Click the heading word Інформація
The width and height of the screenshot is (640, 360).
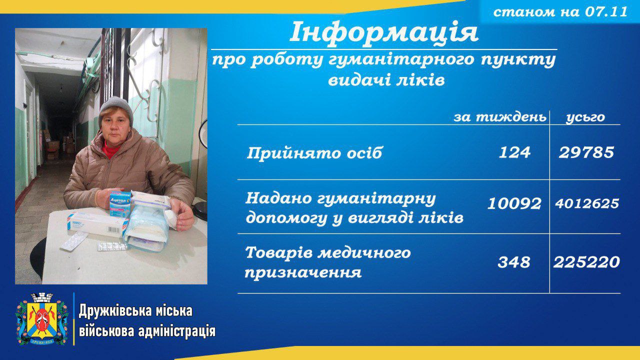coord(384,32)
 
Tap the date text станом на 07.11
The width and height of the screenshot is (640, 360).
coord(560,11)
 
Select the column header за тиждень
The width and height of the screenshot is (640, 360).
coord(500,117)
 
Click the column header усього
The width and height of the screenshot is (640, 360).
coord(585,117)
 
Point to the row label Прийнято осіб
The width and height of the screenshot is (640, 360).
coord(314,153)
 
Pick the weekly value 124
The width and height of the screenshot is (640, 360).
coord(514,152)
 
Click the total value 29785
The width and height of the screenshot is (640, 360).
coord(586,152)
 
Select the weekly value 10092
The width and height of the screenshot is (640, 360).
coord(514,203)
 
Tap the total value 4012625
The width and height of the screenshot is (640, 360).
coord(587,203)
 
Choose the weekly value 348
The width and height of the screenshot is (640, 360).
coord(513,262)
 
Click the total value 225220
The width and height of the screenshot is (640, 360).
coord(586,262)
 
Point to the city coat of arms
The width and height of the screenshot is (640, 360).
coord(41,319)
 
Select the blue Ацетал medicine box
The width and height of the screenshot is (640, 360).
coord(120,204)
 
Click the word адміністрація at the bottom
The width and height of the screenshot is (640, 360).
coord(177,332)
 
